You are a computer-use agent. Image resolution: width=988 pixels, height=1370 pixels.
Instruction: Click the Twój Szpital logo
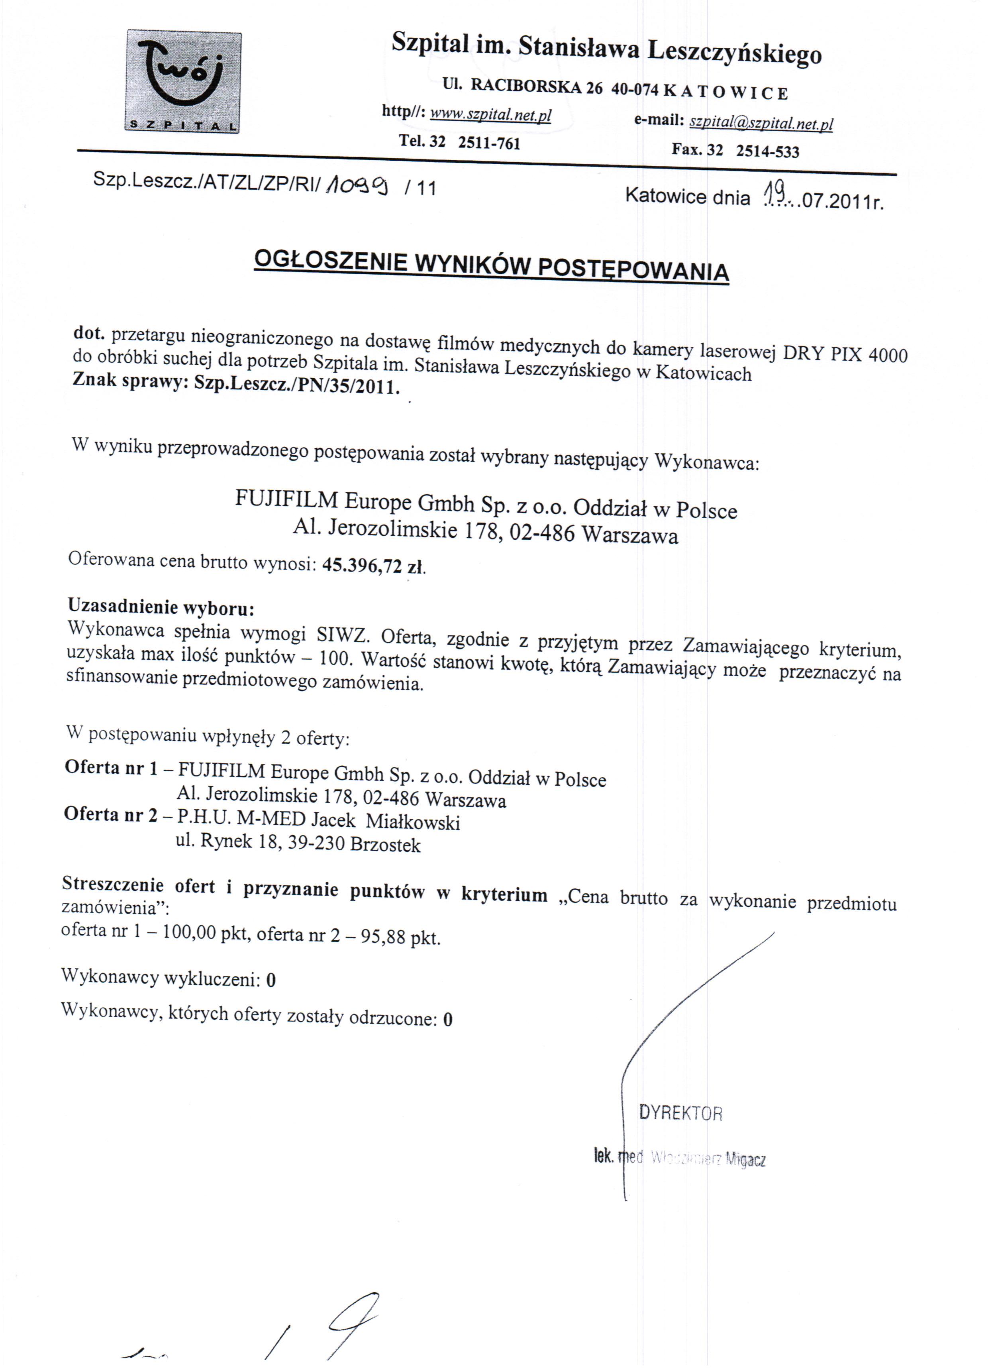(x=183, y=82)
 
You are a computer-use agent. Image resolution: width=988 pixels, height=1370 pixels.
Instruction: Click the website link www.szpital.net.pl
(x=490, y=115)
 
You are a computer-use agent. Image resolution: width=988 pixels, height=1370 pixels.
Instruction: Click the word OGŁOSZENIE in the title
(x=330, y=261)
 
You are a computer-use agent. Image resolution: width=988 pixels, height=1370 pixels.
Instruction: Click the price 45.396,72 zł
(x=374, y=566)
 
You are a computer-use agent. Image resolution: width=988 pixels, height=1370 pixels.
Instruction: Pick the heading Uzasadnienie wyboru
(x=161, y=606)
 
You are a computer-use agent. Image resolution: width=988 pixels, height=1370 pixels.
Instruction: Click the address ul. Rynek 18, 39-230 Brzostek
(x=298, y=843)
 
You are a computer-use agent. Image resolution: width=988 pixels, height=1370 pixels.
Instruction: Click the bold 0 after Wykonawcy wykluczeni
(x=271, y=980)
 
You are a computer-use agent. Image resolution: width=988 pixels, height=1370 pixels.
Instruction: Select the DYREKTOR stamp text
(x=680, y=1113)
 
